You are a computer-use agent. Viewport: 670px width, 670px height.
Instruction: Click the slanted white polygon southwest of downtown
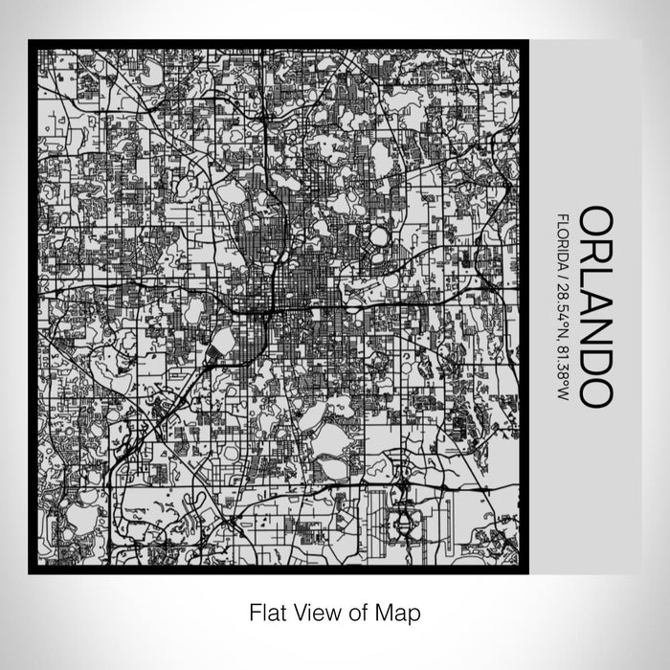click(219, 346)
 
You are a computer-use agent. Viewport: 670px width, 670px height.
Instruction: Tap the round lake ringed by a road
click(380, 235)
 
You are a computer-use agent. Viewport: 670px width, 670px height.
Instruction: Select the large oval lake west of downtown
click(196, 309)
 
